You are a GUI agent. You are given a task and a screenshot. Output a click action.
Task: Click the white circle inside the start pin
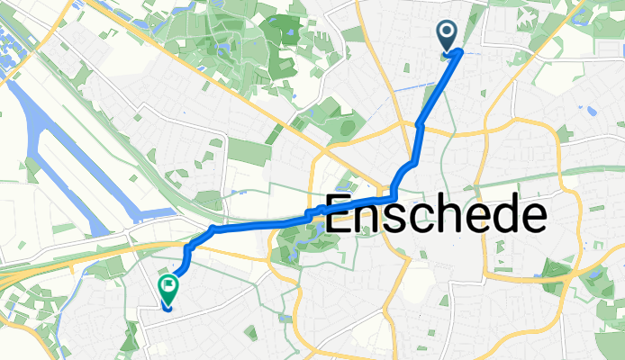point(448,33)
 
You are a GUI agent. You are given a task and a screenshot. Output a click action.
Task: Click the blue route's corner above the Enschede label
point(395,194)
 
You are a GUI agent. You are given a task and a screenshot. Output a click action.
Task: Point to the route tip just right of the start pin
point(461,51)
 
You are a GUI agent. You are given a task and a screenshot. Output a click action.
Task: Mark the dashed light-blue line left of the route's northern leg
point(410,86)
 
